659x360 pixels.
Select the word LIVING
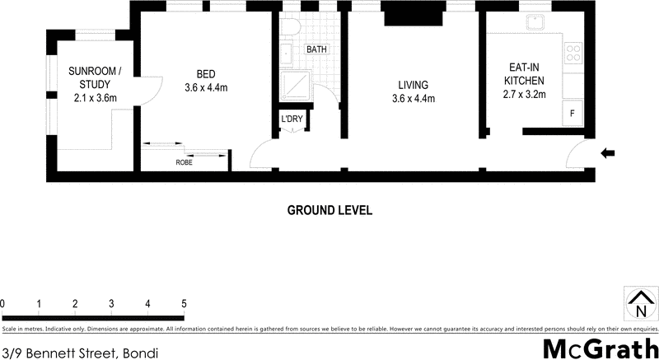coord(413,84)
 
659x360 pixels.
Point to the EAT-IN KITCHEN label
coord(524,74)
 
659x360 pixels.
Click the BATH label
coord(316,49)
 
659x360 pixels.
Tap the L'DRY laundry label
coord(292,119)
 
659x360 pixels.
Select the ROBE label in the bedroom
coord(185,162)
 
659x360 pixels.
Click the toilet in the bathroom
coord(288,28)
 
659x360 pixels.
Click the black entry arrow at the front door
coord(609,152)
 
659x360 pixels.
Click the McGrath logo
coord(601,348)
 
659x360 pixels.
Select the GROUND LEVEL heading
coord(329,210)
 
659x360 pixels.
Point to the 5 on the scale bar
coord(184,304)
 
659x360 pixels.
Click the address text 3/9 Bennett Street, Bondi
coord(79,352)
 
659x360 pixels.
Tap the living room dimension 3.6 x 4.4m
coord(413,98)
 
